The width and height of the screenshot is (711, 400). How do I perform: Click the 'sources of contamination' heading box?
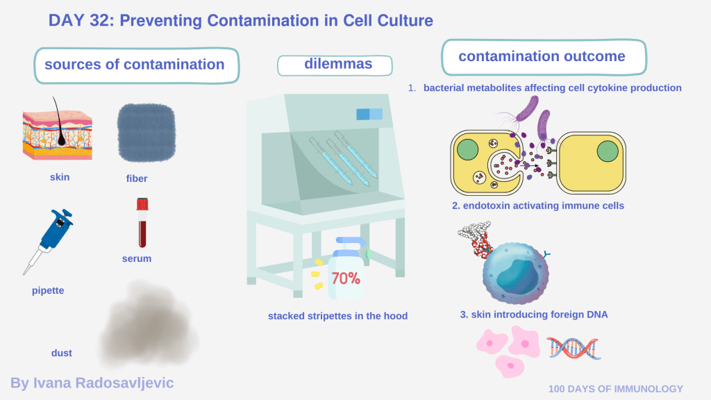tap(137, 66)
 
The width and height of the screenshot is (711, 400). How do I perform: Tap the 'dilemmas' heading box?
tap(335, 65)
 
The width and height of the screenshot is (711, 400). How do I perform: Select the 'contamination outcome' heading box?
tap(544, 57)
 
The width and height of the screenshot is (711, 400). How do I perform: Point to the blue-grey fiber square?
tap(147, 133)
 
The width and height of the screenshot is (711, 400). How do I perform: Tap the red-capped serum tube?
tap(142, 222)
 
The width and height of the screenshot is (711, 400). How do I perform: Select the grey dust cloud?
tap(149, 324)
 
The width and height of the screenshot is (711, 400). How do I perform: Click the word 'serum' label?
tap(137, 258)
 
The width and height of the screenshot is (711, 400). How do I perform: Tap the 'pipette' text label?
tap(48, 291)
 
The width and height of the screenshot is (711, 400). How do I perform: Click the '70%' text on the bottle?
tap(346, 278)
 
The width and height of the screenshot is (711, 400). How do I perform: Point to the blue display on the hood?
tap(369, 114)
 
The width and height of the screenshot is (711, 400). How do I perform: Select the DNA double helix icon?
tap(574, 349)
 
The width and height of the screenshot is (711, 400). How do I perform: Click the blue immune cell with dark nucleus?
tap(516, 272)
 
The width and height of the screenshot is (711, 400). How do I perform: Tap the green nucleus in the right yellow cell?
tap(608, 151)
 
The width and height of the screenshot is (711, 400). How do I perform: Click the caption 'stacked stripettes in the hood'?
tap(337, 316)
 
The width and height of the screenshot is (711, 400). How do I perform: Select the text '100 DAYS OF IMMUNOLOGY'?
tap(615, 389)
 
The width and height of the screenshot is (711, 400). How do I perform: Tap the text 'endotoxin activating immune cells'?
tap(543, 206)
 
